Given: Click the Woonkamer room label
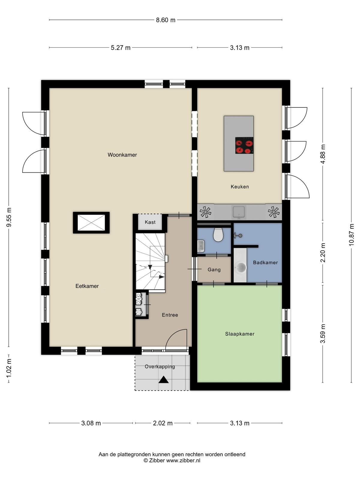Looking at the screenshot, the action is pyautogui.click(x=122, y=155).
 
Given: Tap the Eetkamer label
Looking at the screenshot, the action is pyautogui.click(x=87, y=286).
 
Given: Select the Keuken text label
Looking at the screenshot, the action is pyautogui.click(x=240, y=187).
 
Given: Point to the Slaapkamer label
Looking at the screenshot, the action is pyautogui.click(x=240, y=334).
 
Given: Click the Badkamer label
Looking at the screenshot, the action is pyautogui.click(x=265, y=262).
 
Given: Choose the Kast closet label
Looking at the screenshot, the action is pyautogui.click(x=150, y=222).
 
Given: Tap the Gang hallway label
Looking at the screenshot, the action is pyautogui.click(x=214, y=270).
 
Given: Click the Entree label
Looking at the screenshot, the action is pyautogui.click(x=170, y=315).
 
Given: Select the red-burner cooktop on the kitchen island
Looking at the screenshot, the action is pyautogui.click(x=244, y=145).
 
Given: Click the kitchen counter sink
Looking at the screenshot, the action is pyautogui.click(x=239, y=212).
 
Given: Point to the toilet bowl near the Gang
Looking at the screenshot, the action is pyautogui.click(x=218, y=235).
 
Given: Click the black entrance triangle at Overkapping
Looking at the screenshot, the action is pyautogui.click(x=163, y=379).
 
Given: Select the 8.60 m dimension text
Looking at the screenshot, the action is pyautogui.click(x=166, y=20).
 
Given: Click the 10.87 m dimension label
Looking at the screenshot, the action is pyautogui.click(x=351, y=235).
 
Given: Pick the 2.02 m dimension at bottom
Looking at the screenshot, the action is pyautogui.click(x=163, y=423).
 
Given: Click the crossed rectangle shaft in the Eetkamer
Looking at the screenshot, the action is pyautogui.click(x=91, y=223).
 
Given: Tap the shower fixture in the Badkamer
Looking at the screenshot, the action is pyautogui.click(x=238, y=235).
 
